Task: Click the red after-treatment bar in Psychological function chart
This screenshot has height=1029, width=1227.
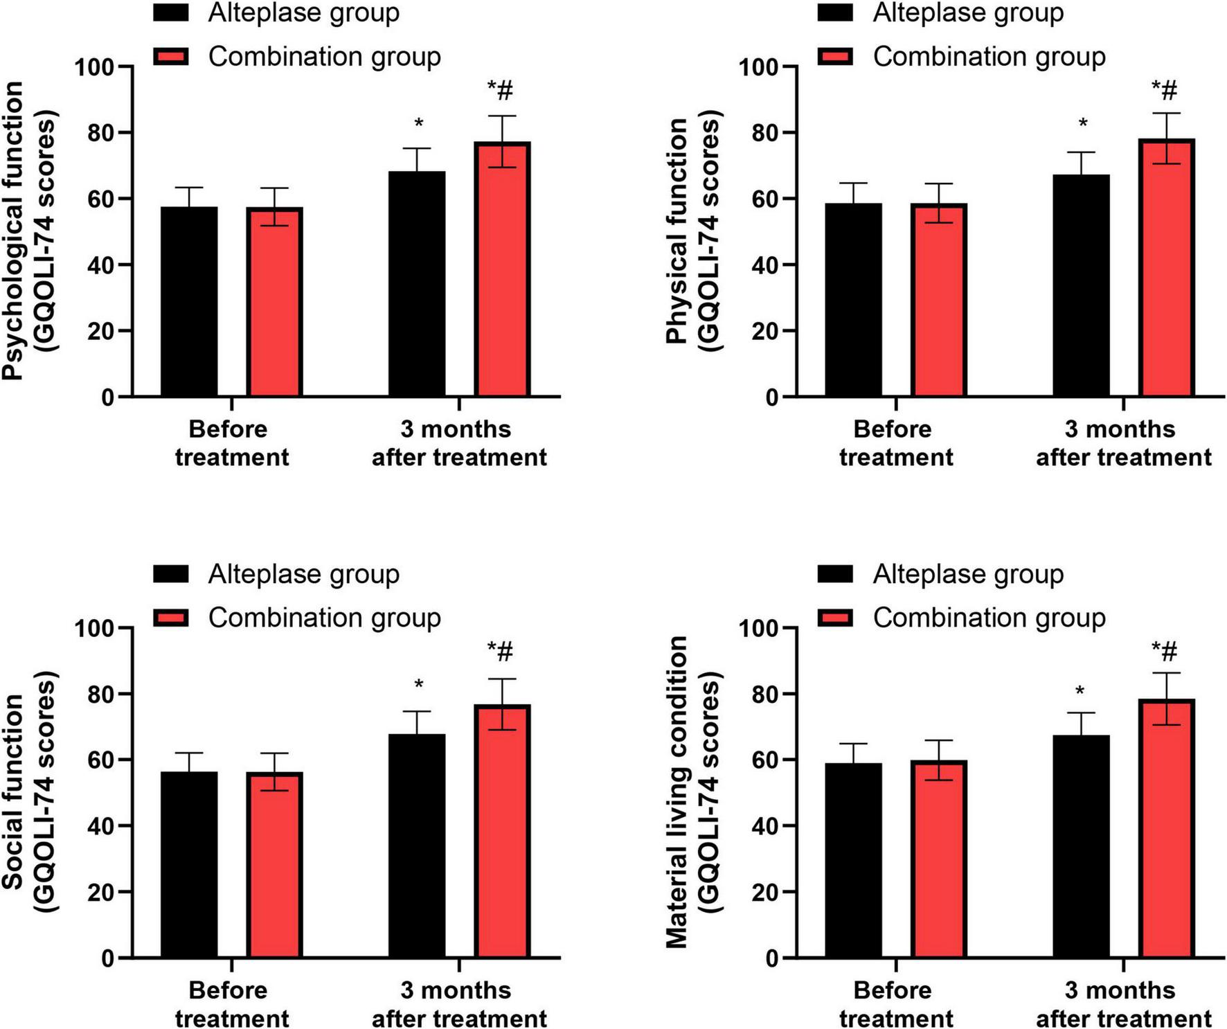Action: coord(503,270)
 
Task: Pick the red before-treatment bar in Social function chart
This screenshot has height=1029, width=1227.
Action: coord(274,866)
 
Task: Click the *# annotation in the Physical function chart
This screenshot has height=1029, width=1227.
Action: coord(1165,89)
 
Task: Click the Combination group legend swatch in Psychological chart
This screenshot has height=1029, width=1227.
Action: coord(171,57)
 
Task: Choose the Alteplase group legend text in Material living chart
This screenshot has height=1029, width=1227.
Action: coord(968,574)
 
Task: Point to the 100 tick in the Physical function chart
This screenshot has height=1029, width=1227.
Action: coord(759,68)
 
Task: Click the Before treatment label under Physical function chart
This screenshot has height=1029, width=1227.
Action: coord(895,443)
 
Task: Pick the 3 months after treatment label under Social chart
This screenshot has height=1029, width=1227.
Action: coord(459,1004)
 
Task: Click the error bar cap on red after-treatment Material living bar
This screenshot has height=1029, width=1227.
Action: coord(1167,673)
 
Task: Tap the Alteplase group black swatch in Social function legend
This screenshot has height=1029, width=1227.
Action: coord(171,574)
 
